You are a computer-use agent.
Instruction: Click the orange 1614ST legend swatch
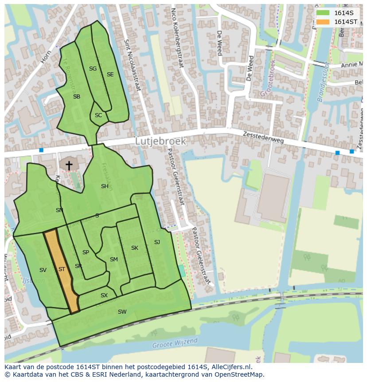[323, 22]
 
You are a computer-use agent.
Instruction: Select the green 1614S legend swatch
[323, 13]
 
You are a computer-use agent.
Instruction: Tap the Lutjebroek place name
[160, 141]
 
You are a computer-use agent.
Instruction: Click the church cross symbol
[69, 165]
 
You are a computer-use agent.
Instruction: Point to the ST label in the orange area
[62, 269]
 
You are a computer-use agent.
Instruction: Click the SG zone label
[93, 69]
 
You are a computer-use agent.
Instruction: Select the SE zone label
[110, 75]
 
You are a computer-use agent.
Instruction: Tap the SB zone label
[77, 97]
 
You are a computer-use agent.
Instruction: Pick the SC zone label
[98, 115]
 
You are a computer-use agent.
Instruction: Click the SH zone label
[105, 186]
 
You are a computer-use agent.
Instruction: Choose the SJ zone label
[157, 242]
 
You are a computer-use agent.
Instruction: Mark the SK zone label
[135, 248]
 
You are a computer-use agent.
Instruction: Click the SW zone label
[122, 312]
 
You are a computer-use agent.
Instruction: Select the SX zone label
[104, 295]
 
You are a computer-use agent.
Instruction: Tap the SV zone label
[43, 270]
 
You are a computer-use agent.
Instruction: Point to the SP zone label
[86, 252]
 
